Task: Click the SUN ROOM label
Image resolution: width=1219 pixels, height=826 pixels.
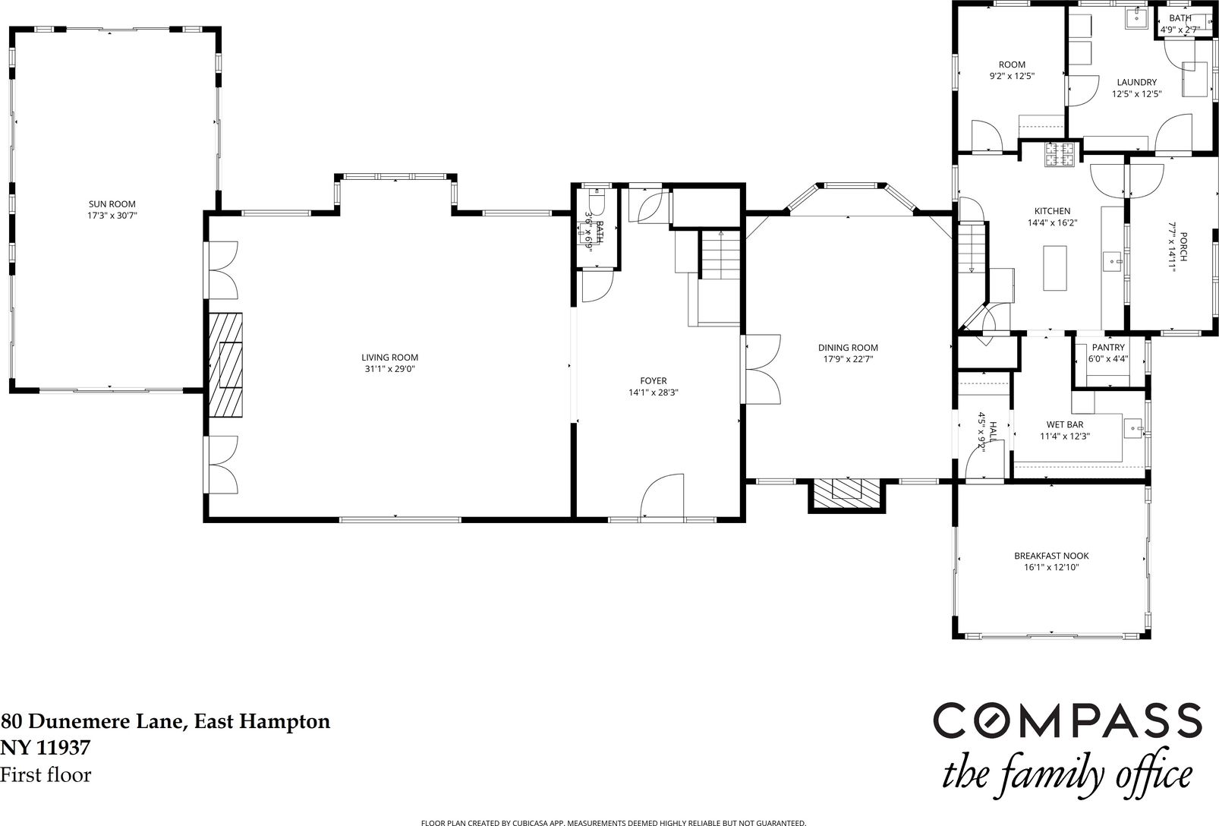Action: tap(112, 204)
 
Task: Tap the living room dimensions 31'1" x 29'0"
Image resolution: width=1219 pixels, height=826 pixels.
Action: tap(389, 369)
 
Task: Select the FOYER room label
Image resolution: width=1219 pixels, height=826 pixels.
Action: tap(653, 381)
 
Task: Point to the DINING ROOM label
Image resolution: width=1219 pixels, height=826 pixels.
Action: tap(848, 348)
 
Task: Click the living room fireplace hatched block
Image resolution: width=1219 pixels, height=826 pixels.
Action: tap(226, 364)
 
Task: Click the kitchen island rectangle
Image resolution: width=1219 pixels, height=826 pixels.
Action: tap(1054, 268)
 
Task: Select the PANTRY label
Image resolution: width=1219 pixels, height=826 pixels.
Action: tap(1108, 347)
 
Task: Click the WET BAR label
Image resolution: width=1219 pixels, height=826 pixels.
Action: tap(1064, 424)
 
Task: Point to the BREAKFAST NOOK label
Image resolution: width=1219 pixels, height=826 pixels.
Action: tap(1051, 556)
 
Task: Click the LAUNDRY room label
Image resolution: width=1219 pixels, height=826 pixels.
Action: tap(1137, 82)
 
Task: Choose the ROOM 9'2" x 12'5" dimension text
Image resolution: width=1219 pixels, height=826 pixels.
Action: tap(1012, 76)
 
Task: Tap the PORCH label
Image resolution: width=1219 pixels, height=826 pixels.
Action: tap(1183, 247)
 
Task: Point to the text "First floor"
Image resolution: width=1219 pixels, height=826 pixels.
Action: tap(46, 774)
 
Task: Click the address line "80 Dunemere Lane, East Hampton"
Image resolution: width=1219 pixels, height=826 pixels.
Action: tap(165, 721)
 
